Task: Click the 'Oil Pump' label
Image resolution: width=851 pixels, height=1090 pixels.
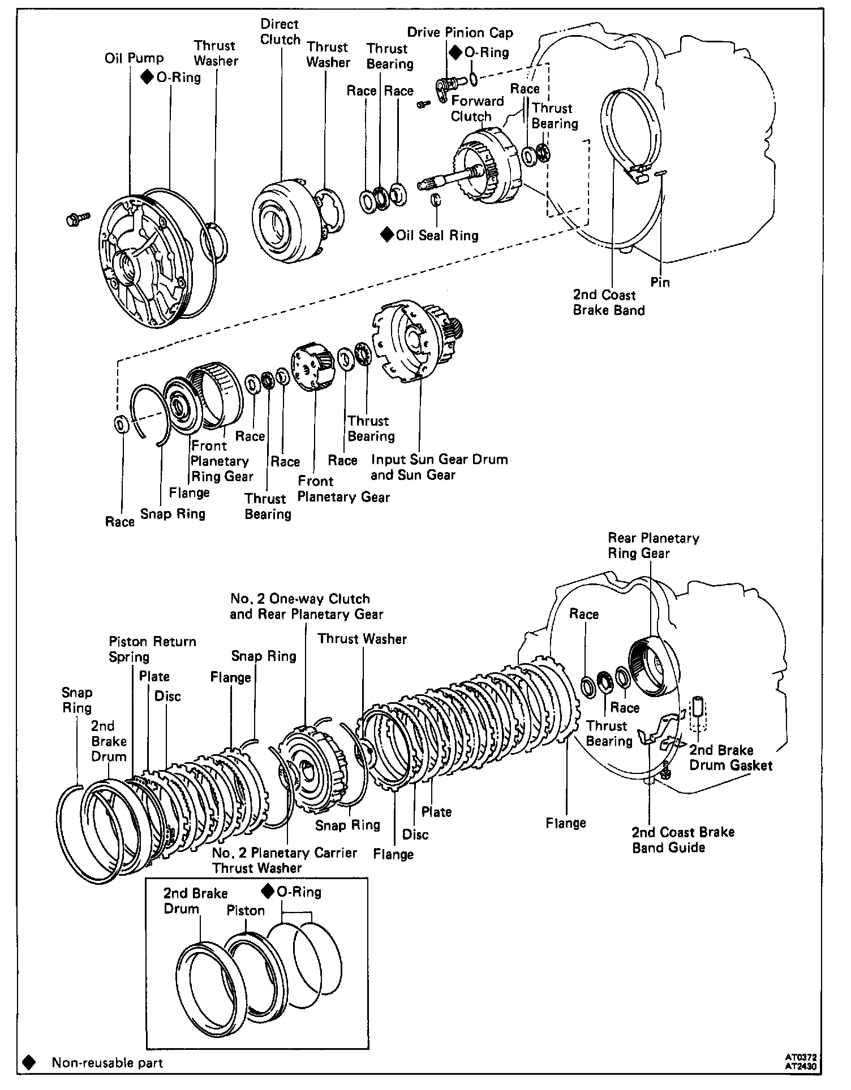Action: tap(134, 58)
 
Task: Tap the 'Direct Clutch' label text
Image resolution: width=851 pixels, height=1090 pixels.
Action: tap(280, 32)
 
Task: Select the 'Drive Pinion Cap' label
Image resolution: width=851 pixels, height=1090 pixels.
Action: tap(460, 33)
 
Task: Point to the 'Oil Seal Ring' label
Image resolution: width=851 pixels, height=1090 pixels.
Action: tap(437, 235)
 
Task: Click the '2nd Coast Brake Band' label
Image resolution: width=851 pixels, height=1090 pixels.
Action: tap(609, 302)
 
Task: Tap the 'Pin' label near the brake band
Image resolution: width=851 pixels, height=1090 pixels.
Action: tap(660, 282)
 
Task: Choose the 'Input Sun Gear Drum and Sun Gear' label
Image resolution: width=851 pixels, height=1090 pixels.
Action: tap(439, 467)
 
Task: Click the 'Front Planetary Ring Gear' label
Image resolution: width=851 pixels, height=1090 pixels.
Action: tap(221, 461)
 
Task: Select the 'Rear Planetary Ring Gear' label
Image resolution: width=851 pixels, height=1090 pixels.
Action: tap(653, 546)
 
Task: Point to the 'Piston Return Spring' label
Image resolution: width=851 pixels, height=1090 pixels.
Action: tap(152, 649)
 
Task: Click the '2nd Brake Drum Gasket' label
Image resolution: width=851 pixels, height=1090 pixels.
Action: tap(730, 758)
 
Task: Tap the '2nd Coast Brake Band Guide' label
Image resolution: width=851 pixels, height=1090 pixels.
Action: tap(683, 840)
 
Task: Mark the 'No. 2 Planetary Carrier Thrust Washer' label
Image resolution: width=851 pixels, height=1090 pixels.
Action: tap(284, 860)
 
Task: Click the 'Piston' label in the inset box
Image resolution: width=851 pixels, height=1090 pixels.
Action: tap(246, 911)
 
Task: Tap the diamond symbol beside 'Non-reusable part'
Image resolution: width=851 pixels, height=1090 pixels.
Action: tap(28, 1063)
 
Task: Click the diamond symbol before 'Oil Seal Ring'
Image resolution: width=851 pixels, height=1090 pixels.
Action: tap(387, 235)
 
